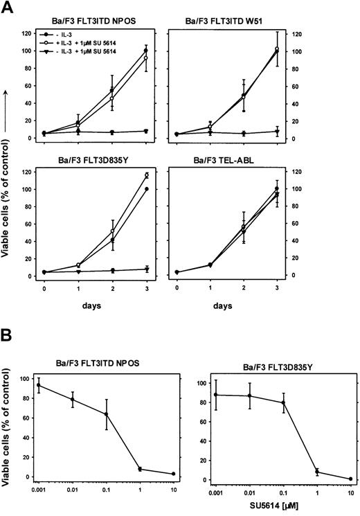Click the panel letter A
10,8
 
